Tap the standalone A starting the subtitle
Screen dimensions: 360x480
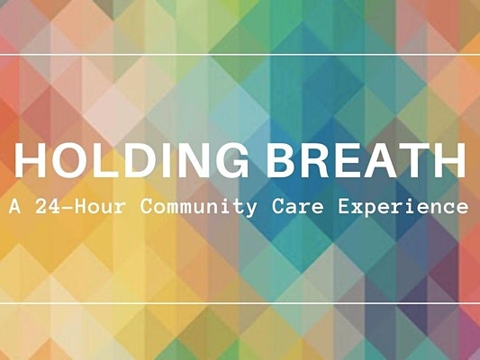16,206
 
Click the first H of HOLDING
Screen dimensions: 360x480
31,161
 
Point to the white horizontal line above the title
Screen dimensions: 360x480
240,54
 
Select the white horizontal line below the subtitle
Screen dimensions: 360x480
240,304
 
